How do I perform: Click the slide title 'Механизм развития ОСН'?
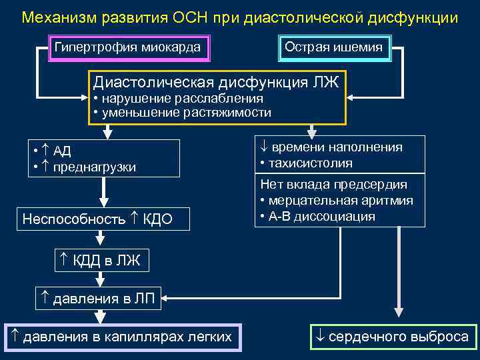239,17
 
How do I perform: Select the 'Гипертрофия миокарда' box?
127,48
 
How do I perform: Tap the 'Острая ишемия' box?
333,48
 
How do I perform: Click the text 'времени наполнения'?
337,147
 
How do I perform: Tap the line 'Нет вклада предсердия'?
333,185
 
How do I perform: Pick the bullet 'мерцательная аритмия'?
340,200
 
